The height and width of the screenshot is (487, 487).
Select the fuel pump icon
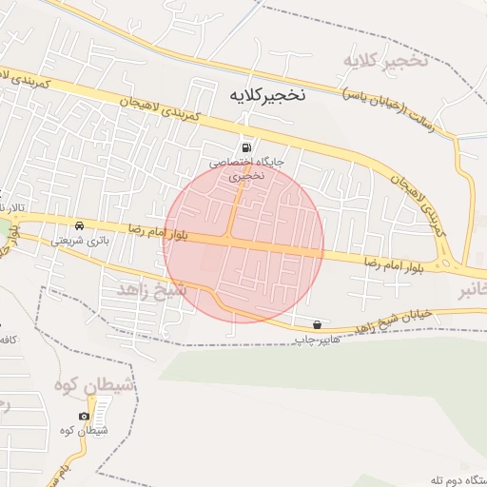pos(248,147)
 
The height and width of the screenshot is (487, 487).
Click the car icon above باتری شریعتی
pos(79,225)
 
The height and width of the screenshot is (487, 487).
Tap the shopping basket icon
pos(317,324)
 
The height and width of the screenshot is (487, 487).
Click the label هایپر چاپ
pos(316,339)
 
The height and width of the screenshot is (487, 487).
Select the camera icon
pos(85,417)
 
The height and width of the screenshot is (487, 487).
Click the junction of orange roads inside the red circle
pos(231,238)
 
